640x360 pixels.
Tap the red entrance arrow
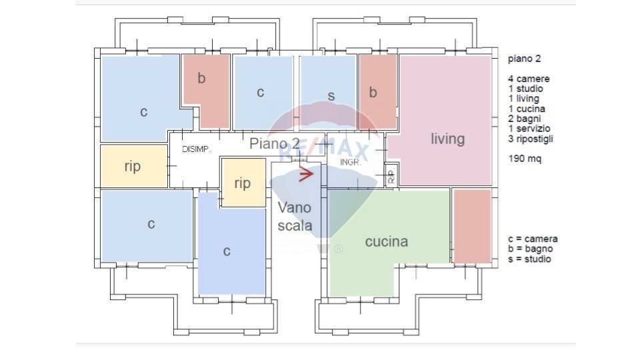pos(306,175)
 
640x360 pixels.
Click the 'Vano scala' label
pos(295,217)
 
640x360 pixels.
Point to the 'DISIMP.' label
pos(197,149)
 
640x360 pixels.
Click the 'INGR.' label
pos(351,162)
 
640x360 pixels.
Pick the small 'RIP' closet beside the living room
pos(391,176)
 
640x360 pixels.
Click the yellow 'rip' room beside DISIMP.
pos(133,166)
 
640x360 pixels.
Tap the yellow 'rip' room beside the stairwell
pos(243,182)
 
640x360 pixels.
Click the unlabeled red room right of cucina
pos(472,225)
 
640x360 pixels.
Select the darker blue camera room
pos(231,250)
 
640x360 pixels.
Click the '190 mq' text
pos(525,159)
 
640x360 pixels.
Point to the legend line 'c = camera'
pos(533,239)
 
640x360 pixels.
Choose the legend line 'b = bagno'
pos(531,249)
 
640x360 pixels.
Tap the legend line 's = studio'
pos(529,259)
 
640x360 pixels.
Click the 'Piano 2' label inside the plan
pos(275,143)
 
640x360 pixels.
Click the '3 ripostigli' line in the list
pos(531,139)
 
